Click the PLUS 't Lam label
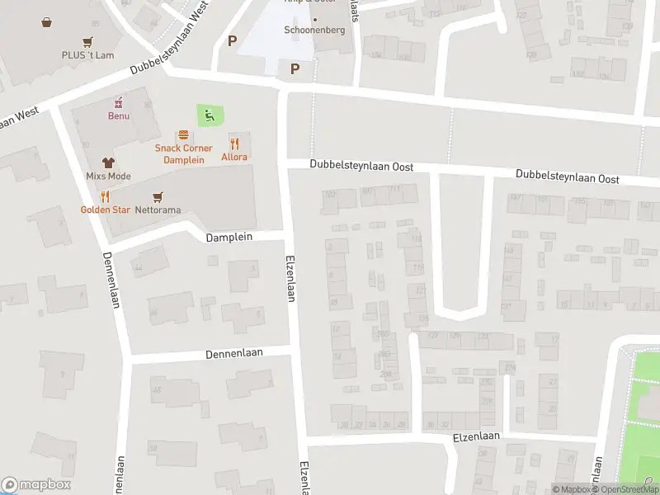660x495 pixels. pyautogui.click(x=87, y=55)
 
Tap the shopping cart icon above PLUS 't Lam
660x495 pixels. pyautogui.click(x=87, y=42)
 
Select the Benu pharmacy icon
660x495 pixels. pyautogui.click(x=119, y=102)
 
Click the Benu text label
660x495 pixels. pyautogui.click(x=119, y=115)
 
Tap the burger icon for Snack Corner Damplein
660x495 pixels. pyautogui.click(x=183, y=135)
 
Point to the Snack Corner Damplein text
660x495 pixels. pyautogui.click(x=183, y=154)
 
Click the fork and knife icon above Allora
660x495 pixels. pyautogui.click(x=234, y=143)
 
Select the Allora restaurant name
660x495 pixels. pyautogui.click(x=234, y=157)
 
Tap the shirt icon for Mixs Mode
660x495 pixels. pyautogui.click(x=108, y=163)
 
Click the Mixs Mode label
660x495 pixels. pyautogui.click(x=108, y=177)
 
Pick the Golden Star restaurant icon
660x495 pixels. pyautogui.click(x=105, y=196)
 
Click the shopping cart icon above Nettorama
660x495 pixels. pyautogui.click(x=158, y=196)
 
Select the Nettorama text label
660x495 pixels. pyautogui.click(x=158, y=210)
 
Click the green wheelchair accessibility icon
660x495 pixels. pyautogui.click(x=210, y=115)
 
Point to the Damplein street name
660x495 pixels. pyautogui.click(x=233, y=237)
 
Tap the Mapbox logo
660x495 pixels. pyautogui.click(x=36, y=485)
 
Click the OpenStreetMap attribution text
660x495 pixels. pyautogui.click(x=629, y=490)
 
